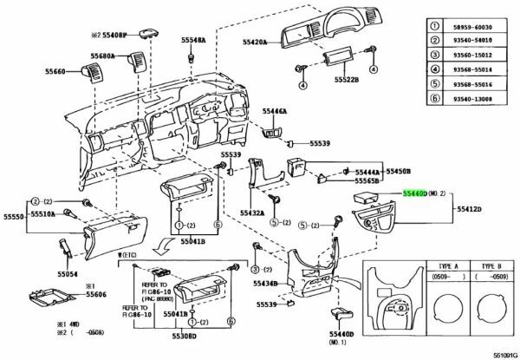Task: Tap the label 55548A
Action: pyautogui.click(x=194, y=41)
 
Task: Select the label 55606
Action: pyautogui.click(x=96, y=296)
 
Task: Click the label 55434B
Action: pyautogui.click(x=264, y=284)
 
